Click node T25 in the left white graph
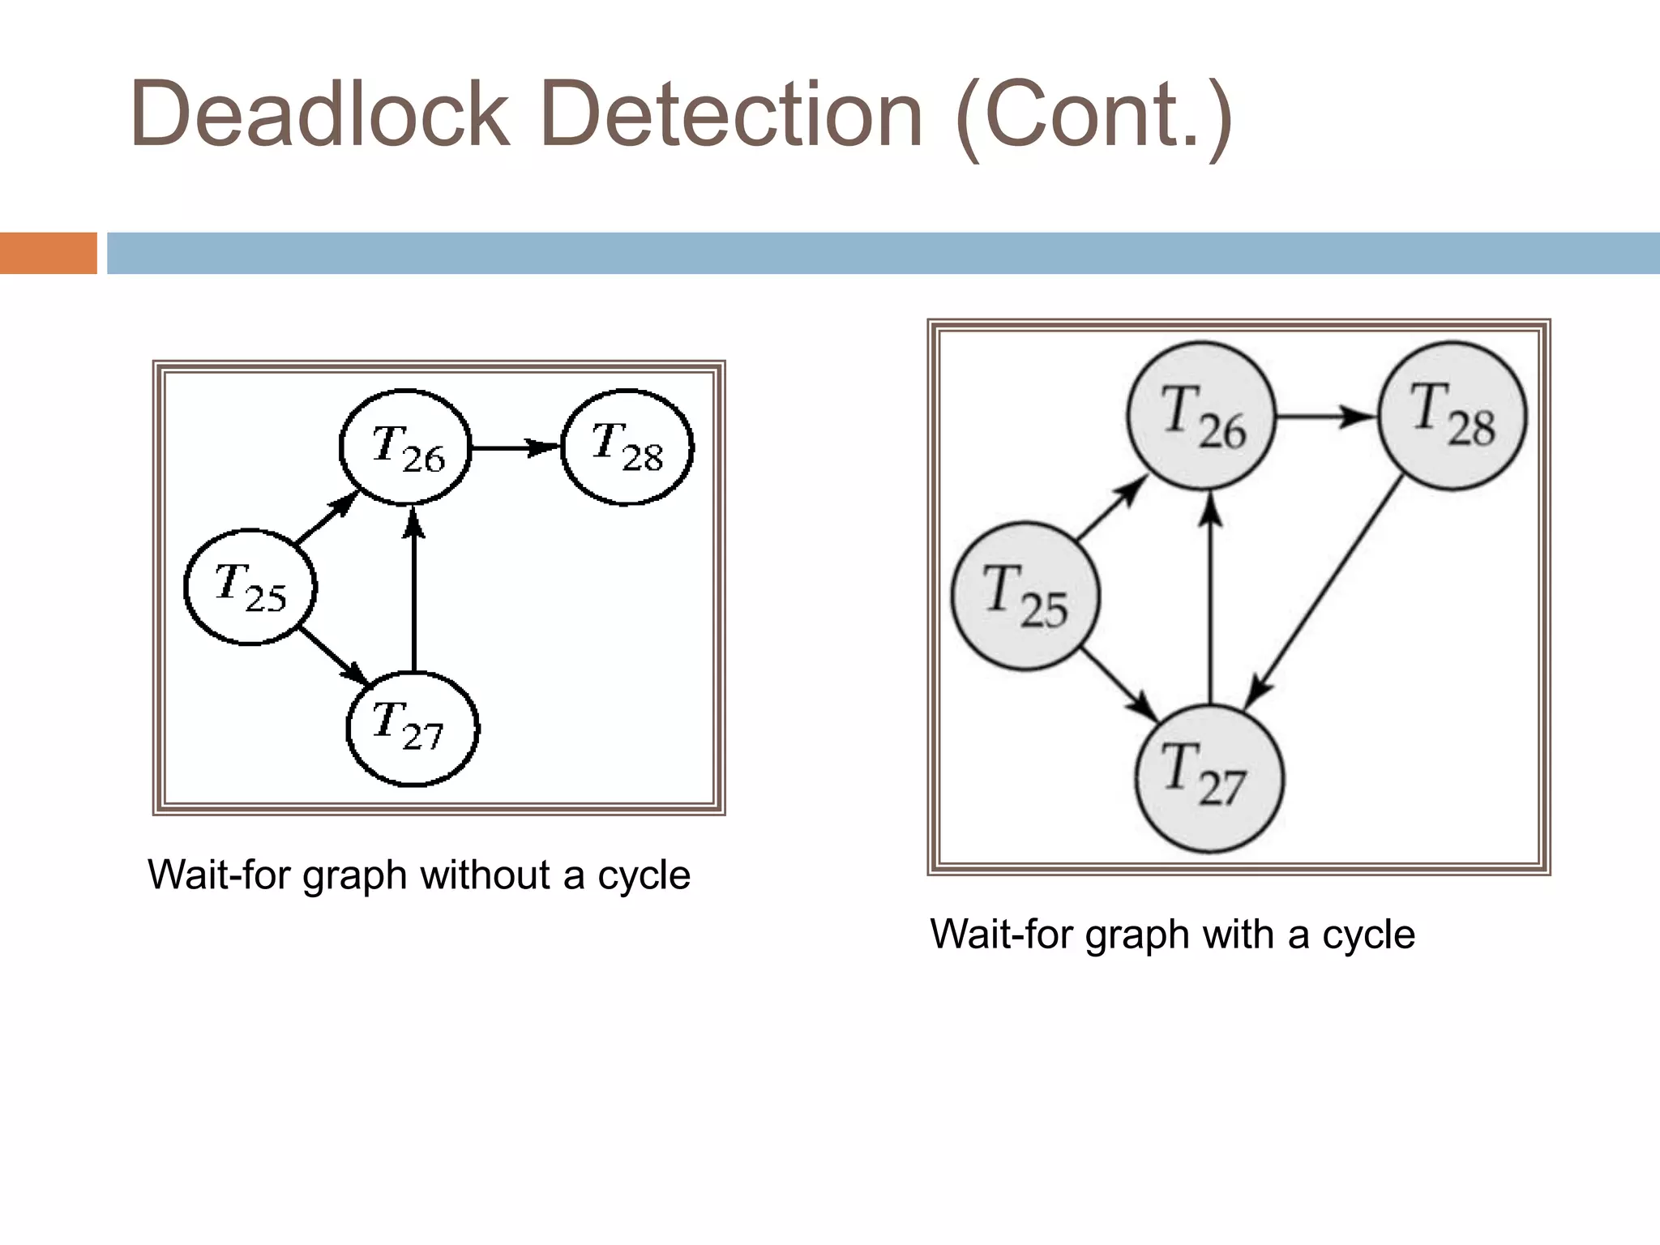click(250, 588)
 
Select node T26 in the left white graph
click(405, 447)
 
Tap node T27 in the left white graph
click(413, 728)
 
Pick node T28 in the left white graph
click(627, 447)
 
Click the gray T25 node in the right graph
click(1025, 596)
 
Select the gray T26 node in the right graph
click(1202, 417)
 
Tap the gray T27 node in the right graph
click(1209, 778)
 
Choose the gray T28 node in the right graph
click(1452, 416)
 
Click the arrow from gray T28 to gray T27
click(1329, 592)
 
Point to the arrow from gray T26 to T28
click(1326, 417)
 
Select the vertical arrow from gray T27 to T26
click(1210, 600)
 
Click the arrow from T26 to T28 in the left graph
click(516, 447)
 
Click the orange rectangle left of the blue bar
click(48, 253)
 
